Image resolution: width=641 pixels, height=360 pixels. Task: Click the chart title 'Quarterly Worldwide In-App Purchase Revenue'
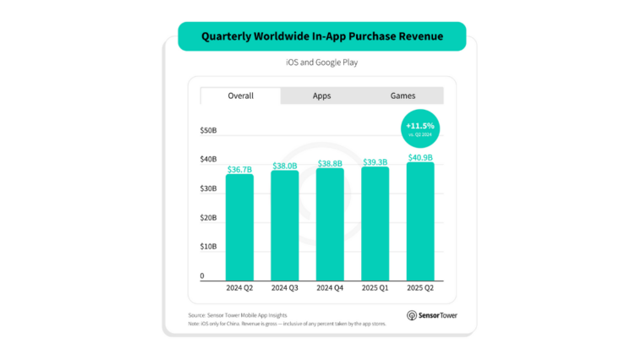pyautogui.click(x=321, y=36)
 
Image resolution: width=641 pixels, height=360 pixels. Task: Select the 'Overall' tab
pyautogui.click(x=240, y=96)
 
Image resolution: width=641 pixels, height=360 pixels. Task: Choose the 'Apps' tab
pyautogui.click(x=321, y=96)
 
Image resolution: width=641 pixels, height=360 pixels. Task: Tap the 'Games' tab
pyautogui.click(x=403, y=96)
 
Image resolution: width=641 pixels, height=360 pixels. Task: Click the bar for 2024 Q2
pyautogui.click(x=240, y=227)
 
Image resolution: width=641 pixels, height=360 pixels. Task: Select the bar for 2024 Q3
pyautogui.click(x=285, y=226)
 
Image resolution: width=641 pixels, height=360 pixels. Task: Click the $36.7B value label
pyautogui.click(x=240, y=169)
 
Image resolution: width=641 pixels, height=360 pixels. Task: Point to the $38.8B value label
pyautogui.click(x=330, y=162)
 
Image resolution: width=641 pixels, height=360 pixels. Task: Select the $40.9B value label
pyautogui.click(x=420, y=157)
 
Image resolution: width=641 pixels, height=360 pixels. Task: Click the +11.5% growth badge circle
pyautogui.click(x=419, y=129)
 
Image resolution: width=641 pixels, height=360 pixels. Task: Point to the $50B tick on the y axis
pyautogui.click(x=208, y=131)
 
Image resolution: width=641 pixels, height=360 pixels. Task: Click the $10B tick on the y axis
pyautogui.click(x=208, y=248)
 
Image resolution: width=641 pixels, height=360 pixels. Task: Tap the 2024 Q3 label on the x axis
pyautogui.click(x=285, y=288)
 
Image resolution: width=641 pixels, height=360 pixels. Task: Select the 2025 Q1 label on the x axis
pyautogui.click(x=375, y=288)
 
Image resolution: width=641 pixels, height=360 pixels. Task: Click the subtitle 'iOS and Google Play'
pyautogui.click(x=321, y=63)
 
